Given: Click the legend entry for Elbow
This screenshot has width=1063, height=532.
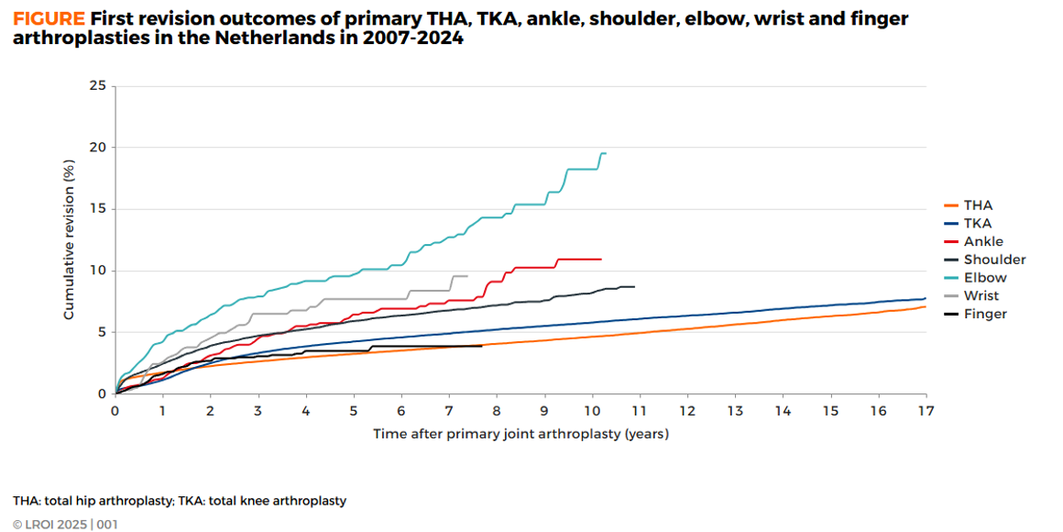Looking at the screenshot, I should tap(985, 277).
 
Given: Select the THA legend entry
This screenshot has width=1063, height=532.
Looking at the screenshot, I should tap(978, 205).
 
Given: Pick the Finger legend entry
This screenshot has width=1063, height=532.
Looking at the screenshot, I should tap(985, 314).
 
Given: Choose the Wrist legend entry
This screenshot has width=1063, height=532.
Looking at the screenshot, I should tap(981, 295).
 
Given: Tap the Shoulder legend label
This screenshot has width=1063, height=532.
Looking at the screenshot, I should tap(994, 260).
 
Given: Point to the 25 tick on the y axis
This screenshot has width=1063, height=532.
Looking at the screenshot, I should tap(97, 85).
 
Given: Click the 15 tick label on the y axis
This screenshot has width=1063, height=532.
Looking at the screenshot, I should tap(97, 209).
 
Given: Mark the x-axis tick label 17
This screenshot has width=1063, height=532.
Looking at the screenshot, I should tap(925, 412).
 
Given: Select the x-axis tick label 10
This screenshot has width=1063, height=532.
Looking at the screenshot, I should tap(591, 412).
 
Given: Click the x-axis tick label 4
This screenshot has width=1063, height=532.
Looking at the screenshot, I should tap(305, 412).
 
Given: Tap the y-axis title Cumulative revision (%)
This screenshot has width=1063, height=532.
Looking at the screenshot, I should tap(69, 240).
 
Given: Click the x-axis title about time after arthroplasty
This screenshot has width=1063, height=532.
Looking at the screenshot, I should tap(521, 434).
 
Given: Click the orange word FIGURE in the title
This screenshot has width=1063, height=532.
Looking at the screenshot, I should tap(49, 18).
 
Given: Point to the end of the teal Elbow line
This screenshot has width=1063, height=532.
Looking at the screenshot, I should tap(606, 153).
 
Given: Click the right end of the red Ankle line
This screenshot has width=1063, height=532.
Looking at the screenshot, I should tap(601, 259).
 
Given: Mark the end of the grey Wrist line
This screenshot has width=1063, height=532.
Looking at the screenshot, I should tap(467, 276).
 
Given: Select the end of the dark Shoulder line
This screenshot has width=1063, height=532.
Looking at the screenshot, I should tap(634, 287).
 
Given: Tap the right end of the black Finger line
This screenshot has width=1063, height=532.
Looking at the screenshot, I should tap(482, 346).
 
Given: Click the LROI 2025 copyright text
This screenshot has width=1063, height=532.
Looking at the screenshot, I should tap(65, 525).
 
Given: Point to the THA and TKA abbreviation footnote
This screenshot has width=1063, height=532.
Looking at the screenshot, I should tap(180, 501).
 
